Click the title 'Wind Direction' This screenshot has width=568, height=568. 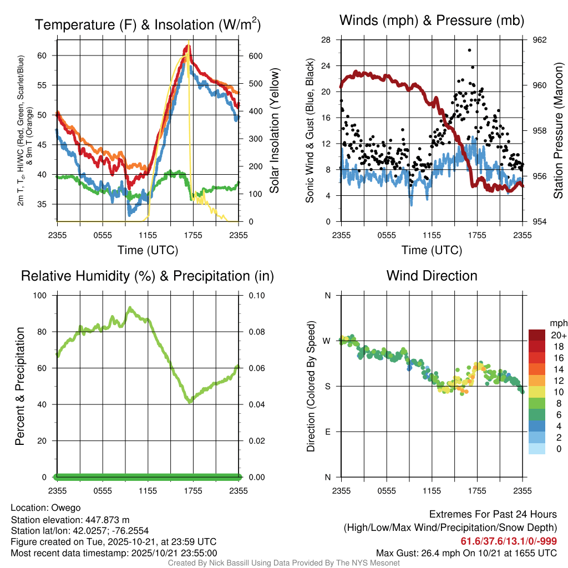coord(432,276)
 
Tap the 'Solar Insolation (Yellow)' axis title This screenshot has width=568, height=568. coord(275,131)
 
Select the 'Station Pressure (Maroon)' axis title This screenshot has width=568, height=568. coord(559,131)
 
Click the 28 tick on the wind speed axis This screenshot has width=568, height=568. coord(326,40)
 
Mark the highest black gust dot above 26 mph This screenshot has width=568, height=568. coord(469,50)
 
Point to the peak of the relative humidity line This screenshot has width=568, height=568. coord(130,307)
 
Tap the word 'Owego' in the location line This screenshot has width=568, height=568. coord(66,508)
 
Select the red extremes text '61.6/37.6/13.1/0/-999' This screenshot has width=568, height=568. coord(509,541)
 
